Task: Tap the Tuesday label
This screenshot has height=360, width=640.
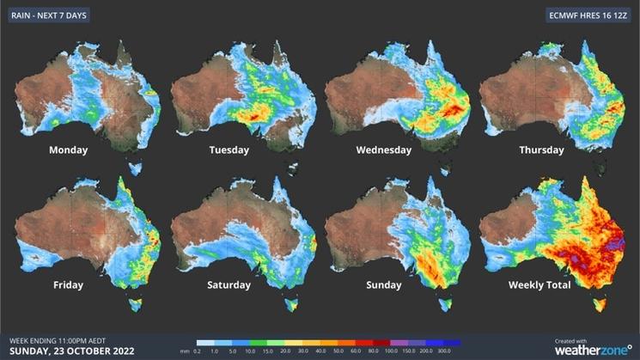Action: pos(229,149)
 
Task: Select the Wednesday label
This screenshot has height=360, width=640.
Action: pos(383,149)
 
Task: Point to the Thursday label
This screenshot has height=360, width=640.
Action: pos(541,149)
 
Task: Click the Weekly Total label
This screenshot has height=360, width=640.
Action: pos(539,285)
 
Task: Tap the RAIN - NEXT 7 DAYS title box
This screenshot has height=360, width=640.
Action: pos(50,15)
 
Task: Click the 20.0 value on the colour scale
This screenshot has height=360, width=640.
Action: pos(281,351)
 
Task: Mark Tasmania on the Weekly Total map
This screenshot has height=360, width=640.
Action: pos(600,304)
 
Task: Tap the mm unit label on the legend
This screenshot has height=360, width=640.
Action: pos(185,351)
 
